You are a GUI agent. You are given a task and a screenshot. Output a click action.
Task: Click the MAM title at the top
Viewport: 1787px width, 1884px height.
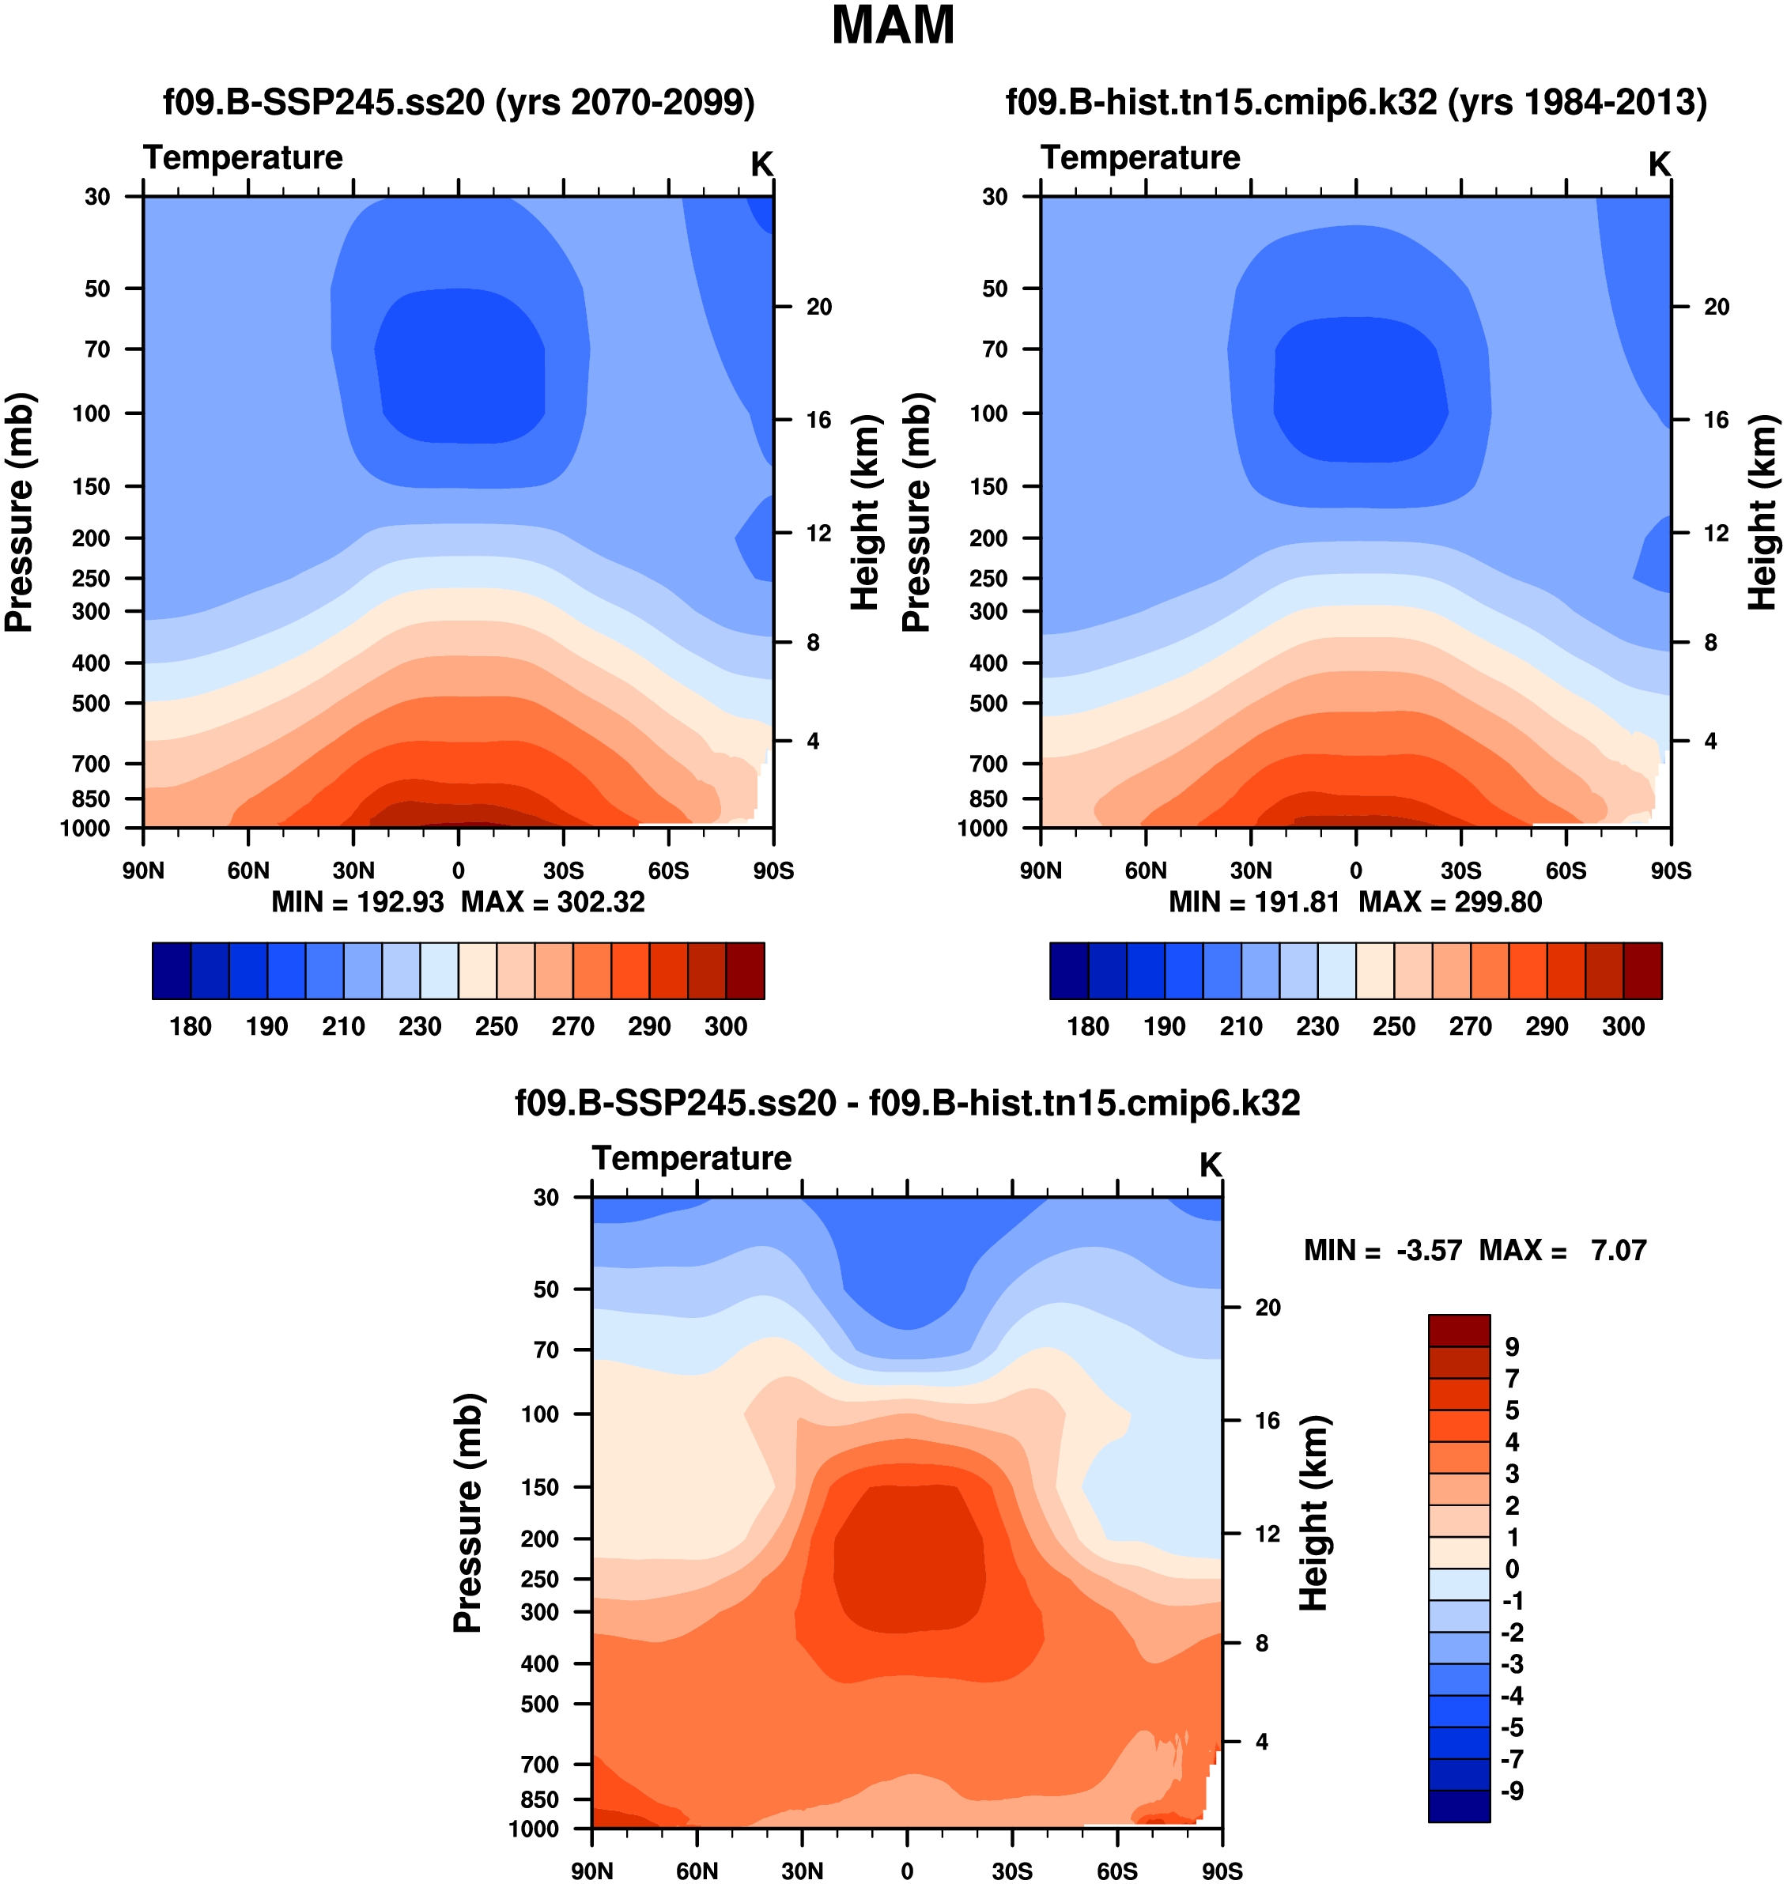(x=893, y=26)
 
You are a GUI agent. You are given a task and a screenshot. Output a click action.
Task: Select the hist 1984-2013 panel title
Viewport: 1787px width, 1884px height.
(x=1355, y=102)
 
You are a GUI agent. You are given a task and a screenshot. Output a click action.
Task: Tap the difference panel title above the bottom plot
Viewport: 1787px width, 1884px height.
(x=907, y=1103)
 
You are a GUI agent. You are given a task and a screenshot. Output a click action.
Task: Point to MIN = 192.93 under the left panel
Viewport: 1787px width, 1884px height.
(x=357, y=902)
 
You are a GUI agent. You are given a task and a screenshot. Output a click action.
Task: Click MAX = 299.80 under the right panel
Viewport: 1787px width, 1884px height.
(x=1450, y=902)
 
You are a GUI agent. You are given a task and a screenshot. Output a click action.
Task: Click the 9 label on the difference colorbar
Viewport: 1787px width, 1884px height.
(x=1512, y=1347)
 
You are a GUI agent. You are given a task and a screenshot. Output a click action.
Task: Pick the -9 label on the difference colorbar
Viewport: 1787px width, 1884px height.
(x=1512, y=1791)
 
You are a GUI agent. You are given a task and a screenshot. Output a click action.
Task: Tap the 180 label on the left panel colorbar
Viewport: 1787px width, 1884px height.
(x=191, y=1027)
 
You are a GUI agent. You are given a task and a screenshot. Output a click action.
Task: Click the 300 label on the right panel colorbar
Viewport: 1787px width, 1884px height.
(x=1623, y=1027)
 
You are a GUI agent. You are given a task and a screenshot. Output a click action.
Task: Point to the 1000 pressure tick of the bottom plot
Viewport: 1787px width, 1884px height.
(x=534, y=1829)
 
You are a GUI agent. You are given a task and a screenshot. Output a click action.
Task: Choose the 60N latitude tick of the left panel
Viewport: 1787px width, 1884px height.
(x=248, y=870)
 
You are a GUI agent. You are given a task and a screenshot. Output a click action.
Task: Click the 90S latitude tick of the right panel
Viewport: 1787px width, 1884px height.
(x=1671, y=870)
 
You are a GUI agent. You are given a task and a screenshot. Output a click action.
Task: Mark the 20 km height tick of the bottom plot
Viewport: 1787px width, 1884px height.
(x=1268, y=1307)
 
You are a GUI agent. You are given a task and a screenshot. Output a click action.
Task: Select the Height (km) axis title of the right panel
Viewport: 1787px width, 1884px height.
(x=1762, y=512)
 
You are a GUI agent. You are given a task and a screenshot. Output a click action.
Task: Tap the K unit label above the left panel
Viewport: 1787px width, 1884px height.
(x=761, y=164)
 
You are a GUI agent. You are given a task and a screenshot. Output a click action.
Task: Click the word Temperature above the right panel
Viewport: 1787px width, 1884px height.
(x=1140, y=157)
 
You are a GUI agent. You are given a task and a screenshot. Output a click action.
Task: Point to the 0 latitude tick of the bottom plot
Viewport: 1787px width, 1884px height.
(x=907, y=1871)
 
